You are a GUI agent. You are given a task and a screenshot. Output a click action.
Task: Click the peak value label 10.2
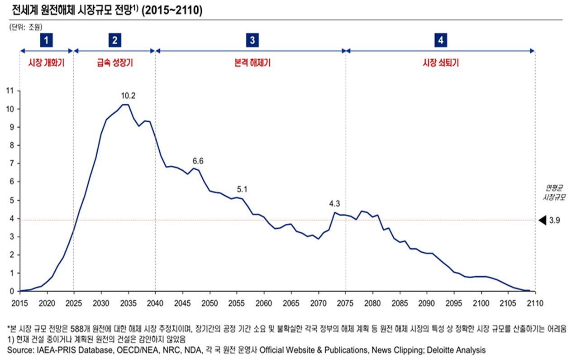point(128,96)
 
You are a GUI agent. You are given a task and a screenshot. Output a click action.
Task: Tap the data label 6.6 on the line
point(198,161)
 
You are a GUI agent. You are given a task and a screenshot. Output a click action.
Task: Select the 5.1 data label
point(242,189)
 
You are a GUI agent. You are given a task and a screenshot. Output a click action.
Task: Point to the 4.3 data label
point(334,204)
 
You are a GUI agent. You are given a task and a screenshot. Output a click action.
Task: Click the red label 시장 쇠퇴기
point(440,63)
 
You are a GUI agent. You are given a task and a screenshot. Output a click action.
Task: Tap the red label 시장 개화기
point(46,63)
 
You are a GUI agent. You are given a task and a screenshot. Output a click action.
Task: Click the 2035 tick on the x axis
point(128,302)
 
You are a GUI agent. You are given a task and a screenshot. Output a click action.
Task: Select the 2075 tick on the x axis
point(345,302)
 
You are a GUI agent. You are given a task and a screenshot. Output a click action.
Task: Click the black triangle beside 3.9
point(542,221)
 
